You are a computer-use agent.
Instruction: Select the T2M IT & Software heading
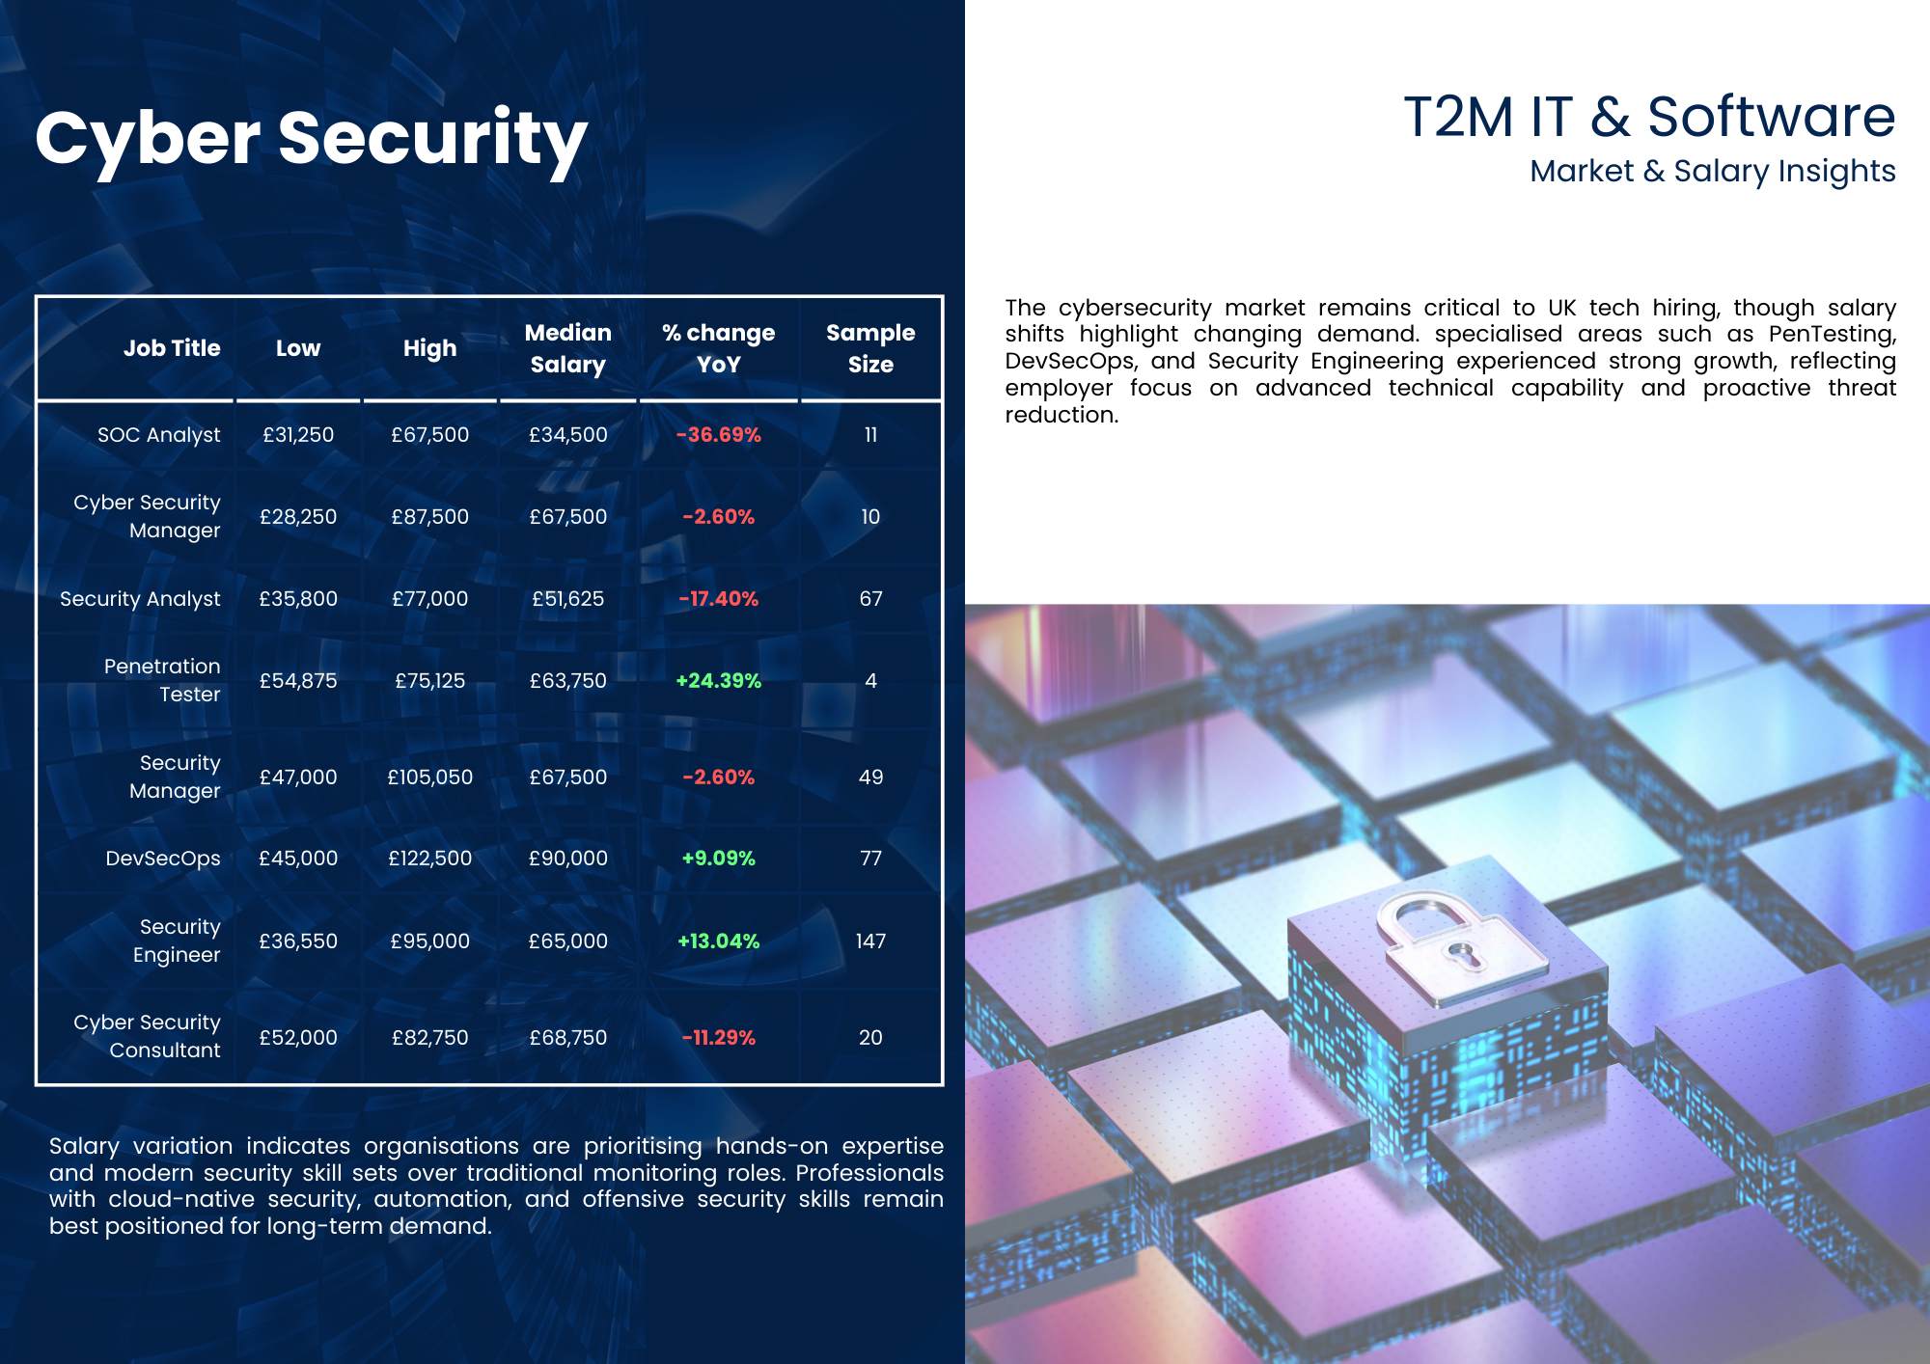(x=1648, y=117)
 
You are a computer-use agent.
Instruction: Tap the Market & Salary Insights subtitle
(x=1712, y=171)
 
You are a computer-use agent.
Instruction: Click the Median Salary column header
(x=567, y=348)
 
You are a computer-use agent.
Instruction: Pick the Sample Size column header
(x=869, y=348)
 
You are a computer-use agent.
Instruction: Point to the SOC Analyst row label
(x=158, y=435)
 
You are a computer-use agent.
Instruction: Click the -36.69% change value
(x=718, y=435)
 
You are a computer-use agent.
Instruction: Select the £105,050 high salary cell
(x=429, y=777)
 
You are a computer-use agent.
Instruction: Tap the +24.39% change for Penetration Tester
(x=718, y=681)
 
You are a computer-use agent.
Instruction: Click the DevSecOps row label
(x=162, y=859)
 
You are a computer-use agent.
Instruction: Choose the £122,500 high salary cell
(x=429, y=859)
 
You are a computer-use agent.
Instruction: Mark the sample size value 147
(x=869, y=941)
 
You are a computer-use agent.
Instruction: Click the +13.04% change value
(x=718, y=941)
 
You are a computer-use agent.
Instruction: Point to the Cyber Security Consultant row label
(x=147, y=1036)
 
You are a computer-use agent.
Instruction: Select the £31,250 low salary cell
(x=298, y=435)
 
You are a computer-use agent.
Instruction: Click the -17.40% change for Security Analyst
(x=718, y=599)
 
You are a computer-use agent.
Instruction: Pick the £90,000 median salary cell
(x=567, y=859)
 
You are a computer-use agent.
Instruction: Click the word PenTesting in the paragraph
(x=1832, y=334)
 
